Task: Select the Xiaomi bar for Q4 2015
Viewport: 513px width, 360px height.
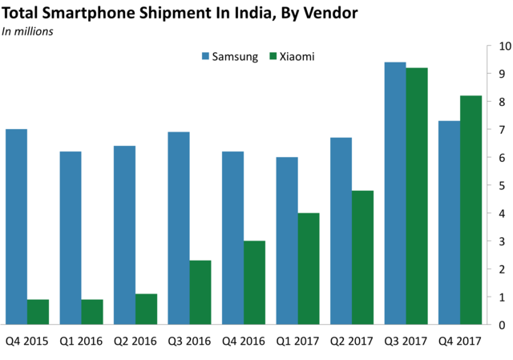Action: pos(38,312)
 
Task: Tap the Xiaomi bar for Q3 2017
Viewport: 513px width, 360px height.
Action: pos(417,196)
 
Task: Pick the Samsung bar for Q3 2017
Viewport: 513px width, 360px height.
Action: pos(394,193)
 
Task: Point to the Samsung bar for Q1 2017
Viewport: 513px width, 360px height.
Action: pos(286,241)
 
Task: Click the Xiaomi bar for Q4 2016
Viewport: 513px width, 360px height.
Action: pos(254,282)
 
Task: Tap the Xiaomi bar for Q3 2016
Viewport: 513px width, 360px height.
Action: pos(200,293)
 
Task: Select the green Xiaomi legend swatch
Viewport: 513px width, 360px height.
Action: pos(273,58)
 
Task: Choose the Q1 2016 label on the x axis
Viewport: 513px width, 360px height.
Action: pos(81,340)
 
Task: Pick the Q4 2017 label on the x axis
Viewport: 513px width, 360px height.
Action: pos(459,340)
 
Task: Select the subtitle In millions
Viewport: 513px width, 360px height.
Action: pos(28,31)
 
